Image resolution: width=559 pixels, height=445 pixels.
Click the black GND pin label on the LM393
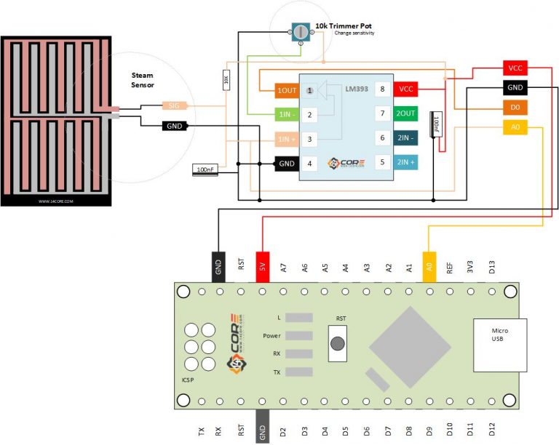[286, 163]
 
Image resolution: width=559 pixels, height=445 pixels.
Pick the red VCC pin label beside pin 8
[405, 89]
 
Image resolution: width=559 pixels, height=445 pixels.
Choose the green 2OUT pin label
[405, 113]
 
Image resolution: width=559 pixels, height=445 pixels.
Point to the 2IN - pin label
[405, 137]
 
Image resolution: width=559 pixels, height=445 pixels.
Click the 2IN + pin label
[405, 162]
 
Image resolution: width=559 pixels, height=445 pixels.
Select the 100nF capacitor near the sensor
[205, 169]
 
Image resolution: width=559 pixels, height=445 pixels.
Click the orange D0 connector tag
[515, 108]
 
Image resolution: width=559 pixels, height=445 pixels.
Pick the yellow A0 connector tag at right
[515, 127]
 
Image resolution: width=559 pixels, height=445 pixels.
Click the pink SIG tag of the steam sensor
[174, 106]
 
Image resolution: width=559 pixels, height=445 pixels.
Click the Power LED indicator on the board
[299, 336]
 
